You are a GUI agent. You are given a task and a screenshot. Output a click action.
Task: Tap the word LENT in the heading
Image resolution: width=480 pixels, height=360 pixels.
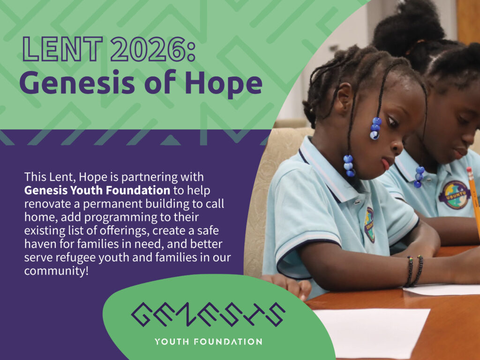pos(62,49)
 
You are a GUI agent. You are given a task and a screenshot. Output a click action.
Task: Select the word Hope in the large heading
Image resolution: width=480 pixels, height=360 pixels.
pos(224,83)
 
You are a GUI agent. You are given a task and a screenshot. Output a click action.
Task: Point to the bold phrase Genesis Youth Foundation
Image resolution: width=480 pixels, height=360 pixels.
pos(97,190)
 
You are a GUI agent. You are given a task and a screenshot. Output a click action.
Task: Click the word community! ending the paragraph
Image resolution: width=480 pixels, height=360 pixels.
pos(56,271)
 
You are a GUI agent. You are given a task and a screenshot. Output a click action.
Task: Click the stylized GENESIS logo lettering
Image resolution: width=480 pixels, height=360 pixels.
pos(208,315)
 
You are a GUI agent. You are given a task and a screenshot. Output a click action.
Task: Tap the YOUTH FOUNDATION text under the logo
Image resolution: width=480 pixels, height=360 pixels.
pos(208,342)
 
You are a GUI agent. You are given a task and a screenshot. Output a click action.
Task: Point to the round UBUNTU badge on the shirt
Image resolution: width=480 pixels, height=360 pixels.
pos(455,195)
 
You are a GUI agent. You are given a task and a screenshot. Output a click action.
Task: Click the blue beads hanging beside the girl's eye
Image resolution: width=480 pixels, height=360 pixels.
pos(375,128)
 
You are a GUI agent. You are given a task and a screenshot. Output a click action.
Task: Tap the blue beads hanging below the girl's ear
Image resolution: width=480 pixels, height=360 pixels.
pos(349,165)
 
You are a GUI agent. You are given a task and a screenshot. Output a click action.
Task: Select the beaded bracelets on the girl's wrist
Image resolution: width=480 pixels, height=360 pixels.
pos(414,271)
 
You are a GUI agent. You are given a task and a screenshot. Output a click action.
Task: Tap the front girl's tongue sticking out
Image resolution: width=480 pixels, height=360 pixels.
pos(385,164)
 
